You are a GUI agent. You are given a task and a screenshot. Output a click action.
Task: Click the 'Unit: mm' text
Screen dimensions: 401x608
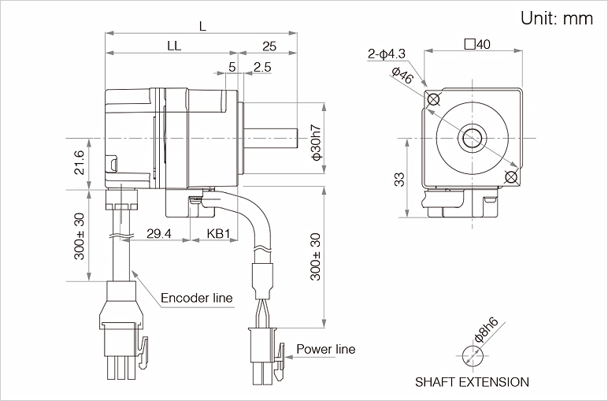pos(556,19)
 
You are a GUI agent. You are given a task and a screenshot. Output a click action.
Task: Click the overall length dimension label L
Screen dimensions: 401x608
pos(202,25)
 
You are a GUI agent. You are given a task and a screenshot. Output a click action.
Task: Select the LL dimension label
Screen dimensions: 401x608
pos(174,46)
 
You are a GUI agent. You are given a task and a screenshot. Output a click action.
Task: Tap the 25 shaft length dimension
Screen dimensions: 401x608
pos(268,46)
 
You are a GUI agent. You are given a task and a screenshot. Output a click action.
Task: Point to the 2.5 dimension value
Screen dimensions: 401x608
pos(263,68)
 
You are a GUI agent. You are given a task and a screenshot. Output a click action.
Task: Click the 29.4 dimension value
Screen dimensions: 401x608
pos(158,234)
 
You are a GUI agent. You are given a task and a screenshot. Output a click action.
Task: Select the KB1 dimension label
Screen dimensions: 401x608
pos(218,234)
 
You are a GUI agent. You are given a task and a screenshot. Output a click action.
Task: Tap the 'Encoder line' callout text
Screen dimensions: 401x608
pos(196,298)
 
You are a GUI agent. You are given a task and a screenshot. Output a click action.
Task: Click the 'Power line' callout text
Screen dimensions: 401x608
pos(325,349)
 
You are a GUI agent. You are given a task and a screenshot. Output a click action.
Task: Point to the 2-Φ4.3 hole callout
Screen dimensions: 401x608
pos(386,54)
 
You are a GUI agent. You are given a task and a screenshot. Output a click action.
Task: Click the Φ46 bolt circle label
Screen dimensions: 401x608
pos(402,76)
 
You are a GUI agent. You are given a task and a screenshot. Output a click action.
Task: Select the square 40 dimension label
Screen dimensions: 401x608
pos(477,44)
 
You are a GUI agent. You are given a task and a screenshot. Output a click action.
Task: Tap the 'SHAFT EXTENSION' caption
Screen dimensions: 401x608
pos(473,382)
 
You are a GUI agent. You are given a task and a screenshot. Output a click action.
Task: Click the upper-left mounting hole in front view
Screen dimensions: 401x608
pos(432,99)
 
